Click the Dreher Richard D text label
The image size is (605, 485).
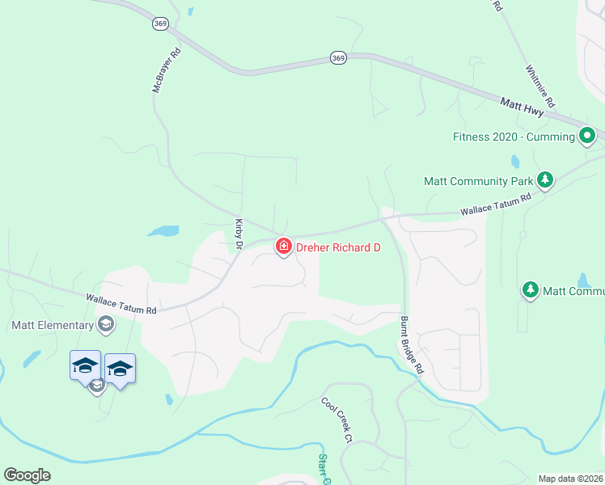pos(337,247)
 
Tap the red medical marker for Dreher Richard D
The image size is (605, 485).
pos(283,246)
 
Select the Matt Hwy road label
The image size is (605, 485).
pos(522,105)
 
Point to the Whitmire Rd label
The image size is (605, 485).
pos(539,87)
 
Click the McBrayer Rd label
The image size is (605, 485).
pos(167,70)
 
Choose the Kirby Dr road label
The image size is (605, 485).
pos(239,232)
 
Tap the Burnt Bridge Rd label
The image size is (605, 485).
pos(412,344)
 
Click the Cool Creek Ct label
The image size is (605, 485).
pos(337,420)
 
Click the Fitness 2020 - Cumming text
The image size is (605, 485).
pos(514,137)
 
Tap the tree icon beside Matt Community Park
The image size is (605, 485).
pos(545,179)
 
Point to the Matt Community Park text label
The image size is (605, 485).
pos(476,181)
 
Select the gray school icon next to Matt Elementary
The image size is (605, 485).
pos(104,325)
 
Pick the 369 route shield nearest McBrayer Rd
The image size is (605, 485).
pos(159,24)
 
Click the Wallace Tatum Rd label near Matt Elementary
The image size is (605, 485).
pos(121,304)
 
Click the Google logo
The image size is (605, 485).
pos(27,475)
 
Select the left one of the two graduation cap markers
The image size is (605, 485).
pos(85,366)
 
